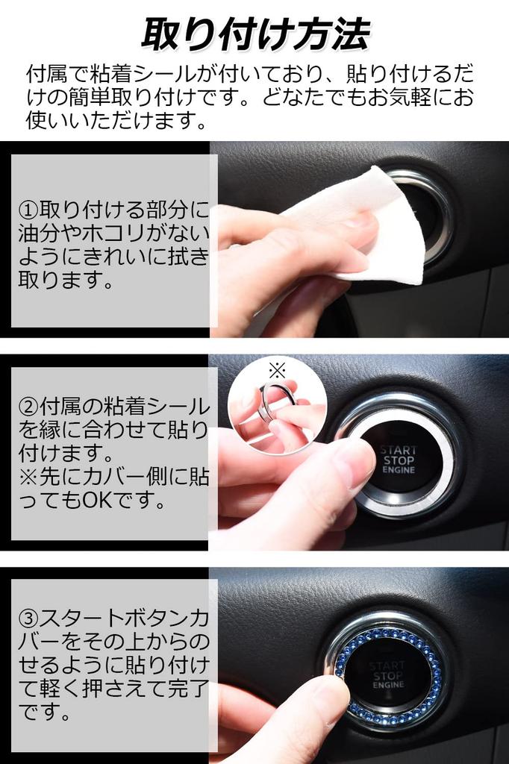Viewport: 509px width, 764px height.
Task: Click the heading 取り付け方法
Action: (255, 34)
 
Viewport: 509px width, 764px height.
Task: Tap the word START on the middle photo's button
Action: (399, 450)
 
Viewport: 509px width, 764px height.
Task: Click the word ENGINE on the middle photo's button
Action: (399, 470)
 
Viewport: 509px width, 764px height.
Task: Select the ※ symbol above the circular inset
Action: (277, 372)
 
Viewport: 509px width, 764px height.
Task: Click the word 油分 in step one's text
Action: (39, 234)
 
